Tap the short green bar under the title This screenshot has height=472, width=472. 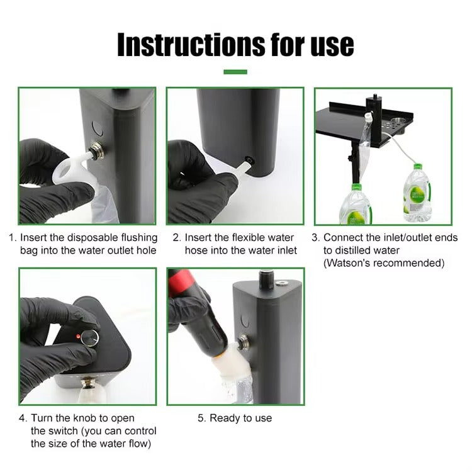[235, 72]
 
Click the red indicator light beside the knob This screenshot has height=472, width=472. [78, 336]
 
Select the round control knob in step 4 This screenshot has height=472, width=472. [91, 339]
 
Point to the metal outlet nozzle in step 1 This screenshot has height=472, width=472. [97, 150]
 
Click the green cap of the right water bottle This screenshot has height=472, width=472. [418, 167]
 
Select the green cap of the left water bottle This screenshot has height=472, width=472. [356, 187]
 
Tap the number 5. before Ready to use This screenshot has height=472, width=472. [201, 418]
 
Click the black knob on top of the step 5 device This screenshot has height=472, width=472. [266, 279]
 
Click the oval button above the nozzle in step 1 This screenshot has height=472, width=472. [97, 129]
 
